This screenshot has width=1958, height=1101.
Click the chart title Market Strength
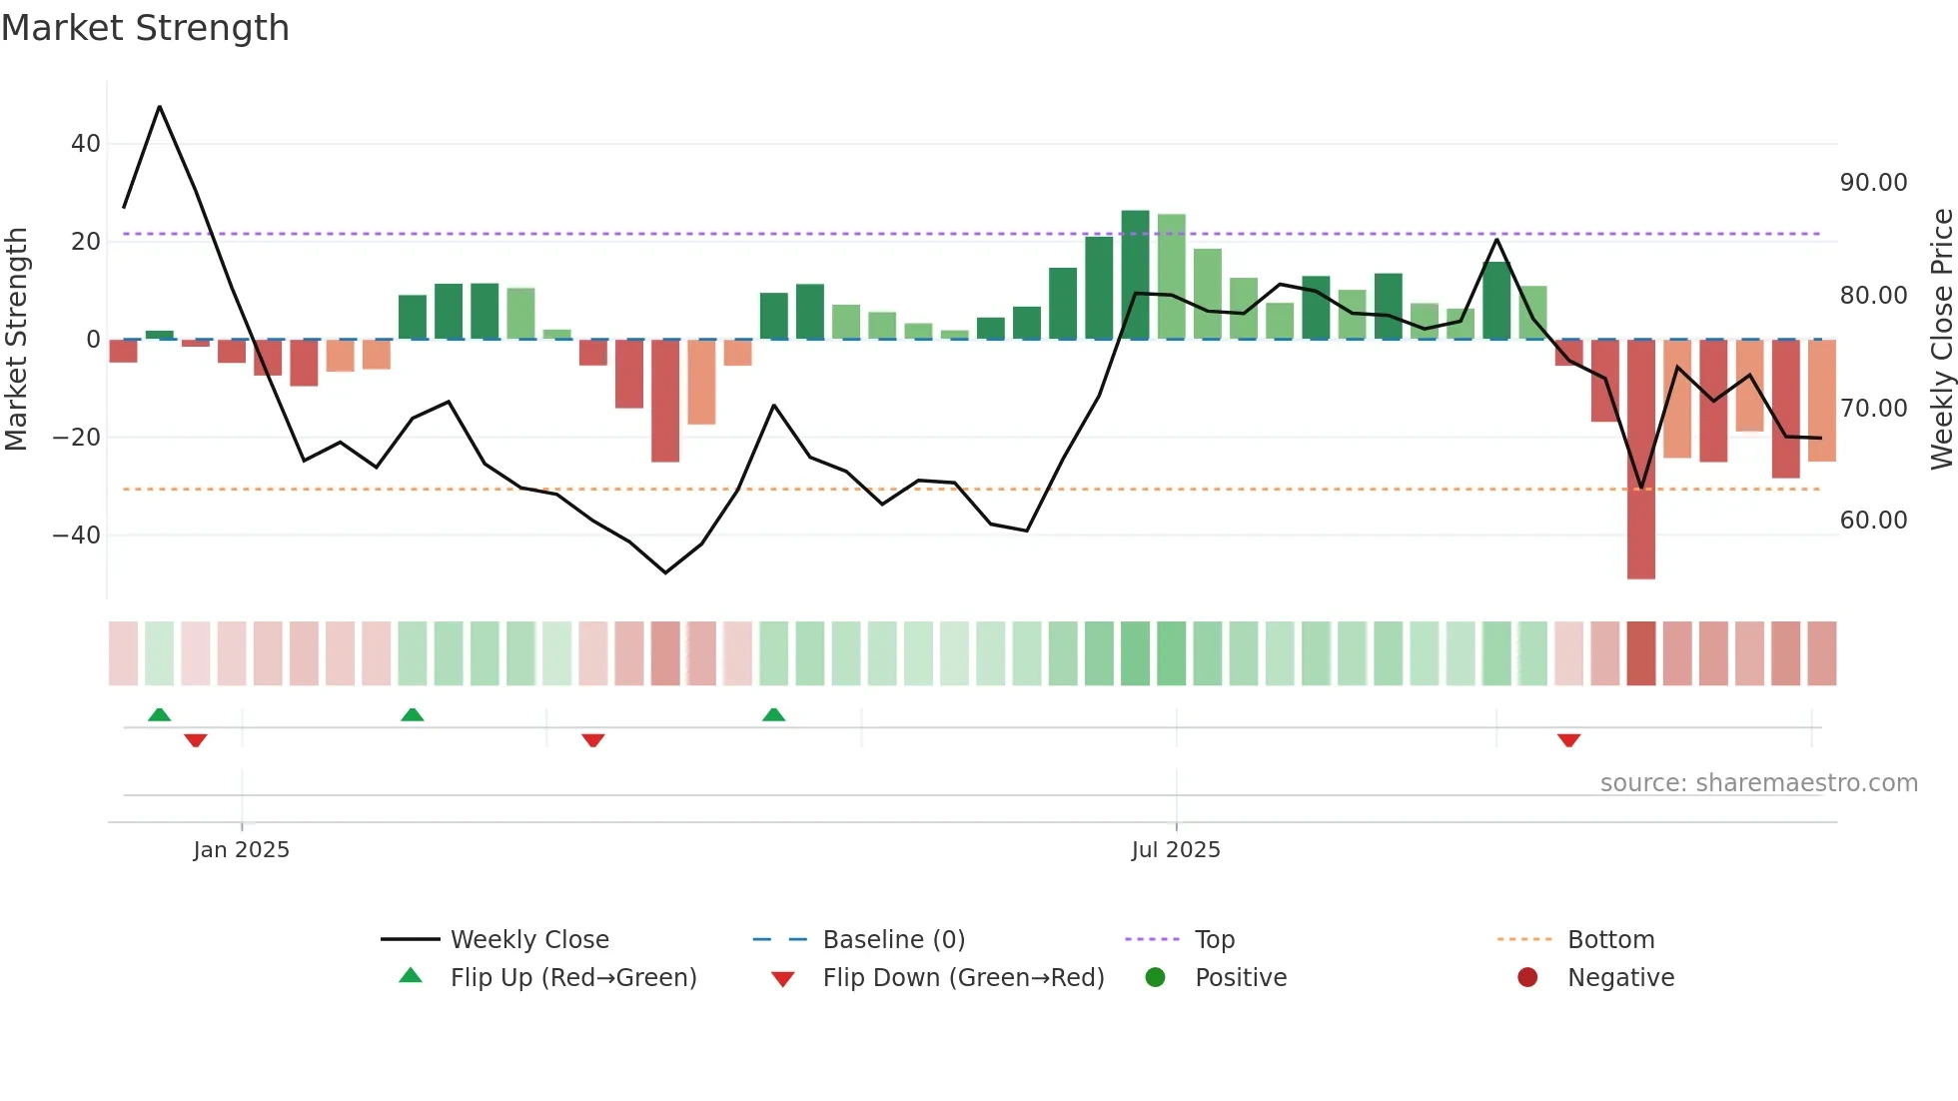(x=145, y=28)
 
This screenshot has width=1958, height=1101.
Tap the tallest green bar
(x=1135, y=275)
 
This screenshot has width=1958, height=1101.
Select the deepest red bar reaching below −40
(x=1640, y=460)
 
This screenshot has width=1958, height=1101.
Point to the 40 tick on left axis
(x=86, y=144)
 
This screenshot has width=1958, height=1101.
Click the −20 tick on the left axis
(x=77, y=438)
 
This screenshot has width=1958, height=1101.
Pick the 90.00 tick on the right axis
(x=1873, y=183)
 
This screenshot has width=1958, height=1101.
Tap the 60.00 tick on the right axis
(x=1873, y=521)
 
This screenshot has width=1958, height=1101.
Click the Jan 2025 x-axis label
(x=241, y=850)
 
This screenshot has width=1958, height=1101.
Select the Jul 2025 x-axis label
(x=1176, y=850)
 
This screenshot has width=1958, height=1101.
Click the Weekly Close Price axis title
(x=1941, y=340)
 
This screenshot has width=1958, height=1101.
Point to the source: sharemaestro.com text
(x=1758, y=783)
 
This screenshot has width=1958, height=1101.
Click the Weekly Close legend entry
(x=528, y=940)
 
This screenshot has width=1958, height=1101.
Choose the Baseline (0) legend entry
(x=893, y=940)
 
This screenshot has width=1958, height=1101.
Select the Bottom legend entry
(x=1610, y=940)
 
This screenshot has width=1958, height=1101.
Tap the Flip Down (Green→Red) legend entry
(x=963, y=978)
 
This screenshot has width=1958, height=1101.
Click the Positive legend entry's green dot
(x=1156, y=978)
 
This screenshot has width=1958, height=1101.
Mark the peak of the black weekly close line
(x=160, y=107)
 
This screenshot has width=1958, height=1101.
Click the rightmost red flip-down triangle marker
(x=1568, y=740)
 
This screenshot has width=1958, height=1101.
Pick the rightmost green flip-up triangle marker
(x=773, y=714)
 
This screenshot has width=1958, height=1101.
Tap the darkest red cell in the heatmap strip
(x=1640, y=653)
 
